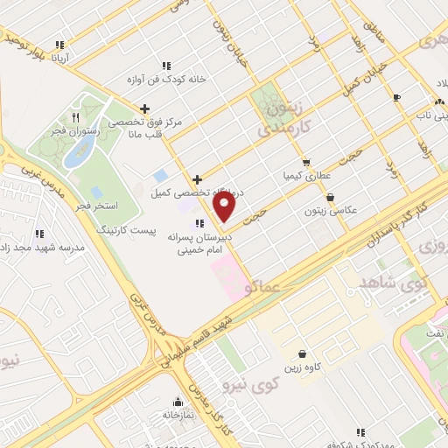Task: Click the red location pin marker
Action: tap(225, 206)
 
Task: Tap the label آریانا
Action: tap(68, 58)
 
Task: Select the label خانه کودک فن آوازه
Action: tap(170, 79)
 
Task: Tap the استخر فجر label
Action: tap(97, 206)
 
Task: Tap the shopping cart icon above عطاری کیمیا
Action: tap(305, 162)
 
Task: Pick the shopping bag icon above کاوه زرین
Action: tap(302, 354)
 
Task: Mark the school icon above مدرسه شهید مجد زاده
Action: tap(40, 234)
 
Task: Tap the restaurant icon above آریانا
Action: tap(59, 45)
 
